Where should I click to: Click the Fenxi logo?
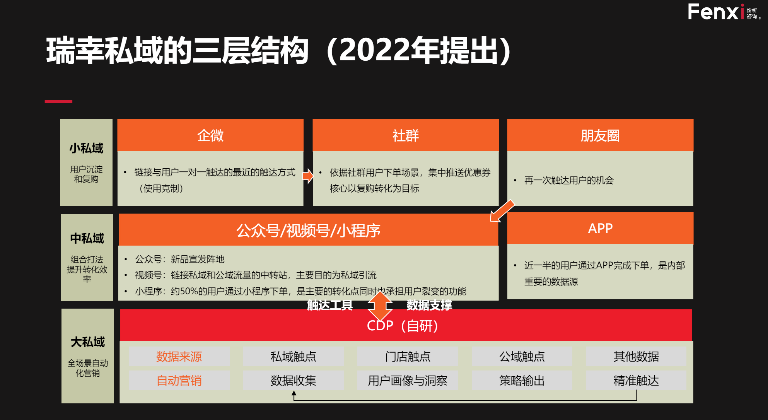tap(724, 12)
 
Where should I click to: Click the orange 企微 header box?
tap(210, 135)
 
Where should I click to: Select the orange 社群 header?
tap(406, 135)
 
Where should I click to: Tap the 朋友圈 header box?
tap(600, 135)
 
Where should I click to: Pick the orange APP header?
tap(600, 228)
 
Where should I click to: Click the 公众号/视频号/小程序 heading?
tap(309, 230)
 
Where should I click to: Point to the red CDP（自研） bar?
tap(406, 325)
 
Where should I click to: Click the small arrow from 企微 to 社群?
tap(308, 176)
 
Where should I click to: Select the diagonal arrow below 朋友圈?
tap(502, 211)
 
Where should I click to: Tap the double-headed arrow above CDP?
tap(380, 306)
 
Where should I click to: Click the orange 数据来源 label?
tap(179, 356)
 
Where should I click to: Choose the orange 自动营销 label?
tap(179, 381)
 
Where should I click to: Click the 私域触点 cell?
tap(293, 356)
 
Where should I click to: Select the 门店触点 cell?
tap(408, 356)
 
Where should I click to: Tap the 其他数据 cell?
tap(636, 356)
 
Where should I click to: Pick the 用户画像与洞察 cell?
tap(408, 381)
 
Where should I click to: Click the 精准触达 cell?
tap(636, 381)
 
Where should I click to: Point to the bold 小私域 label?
tap(86, 148)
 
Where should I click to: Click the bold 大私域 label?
tap(88, 342)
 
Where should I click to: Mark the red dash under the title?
tap(58, 102)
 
